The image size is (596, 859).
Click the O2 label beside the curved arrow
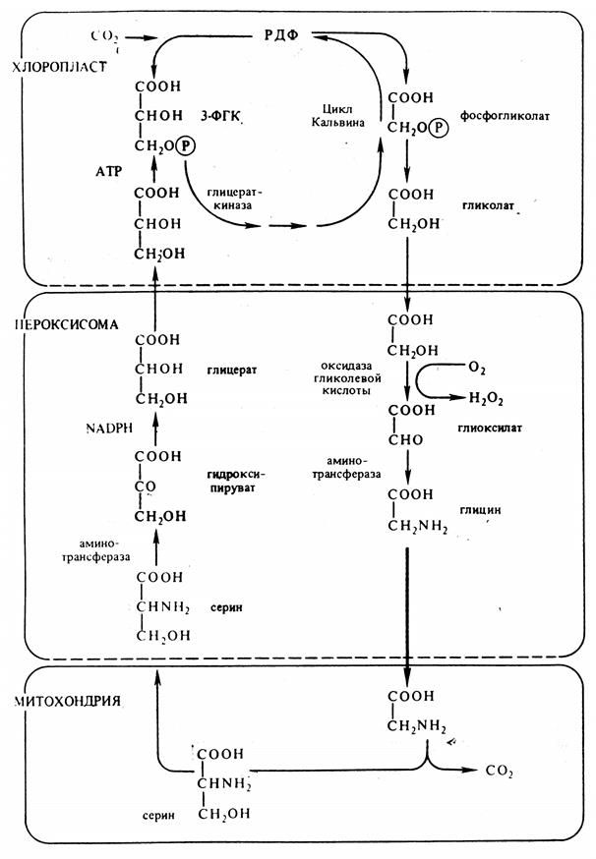[477, 368]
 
